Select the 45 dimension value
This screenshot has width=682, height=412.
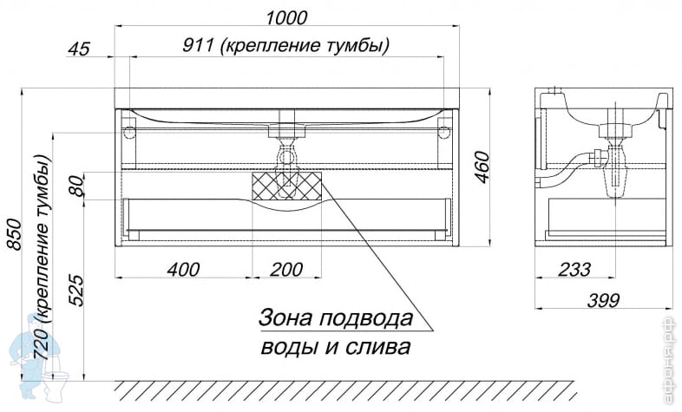click(79, 49)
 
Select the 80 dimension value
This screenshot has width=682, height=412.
click(76, 185)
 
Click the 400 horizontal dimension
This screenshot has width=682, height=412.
click(183, 270)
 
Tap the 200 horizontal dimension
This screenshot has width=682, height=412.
click(286, 270)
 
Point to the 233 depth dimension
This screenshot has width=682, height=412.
click(574, 270)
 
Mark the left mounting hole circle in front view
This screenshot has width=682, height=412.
click(130, 134)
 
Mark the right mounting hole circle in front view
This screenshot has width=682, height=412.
click(443, 134)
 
